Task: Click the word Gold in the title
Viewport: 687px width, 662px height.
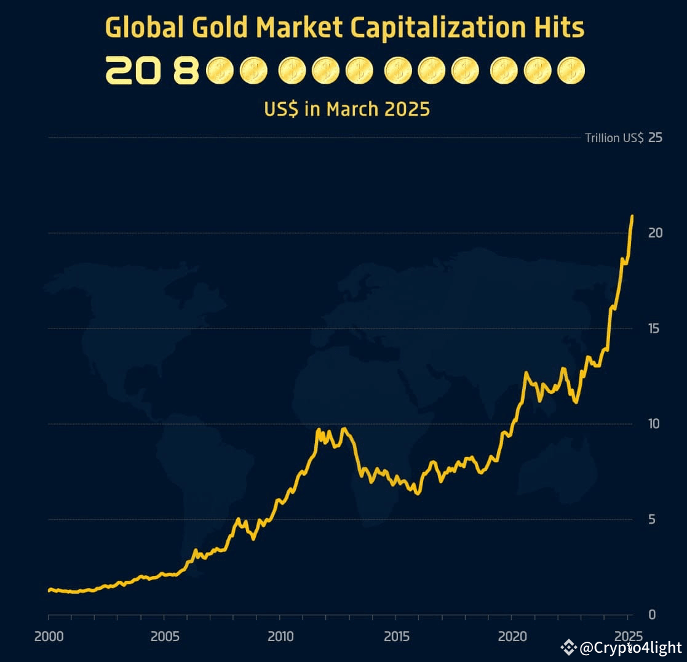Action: pyautogui.click(x=221, y=28)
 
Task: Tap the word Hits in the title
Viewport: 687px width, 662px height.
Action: pyautogui.click(x=557, y=28)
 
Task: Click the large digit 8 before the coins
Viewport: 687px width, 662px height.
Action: pyautogui.click(x=186, y=71)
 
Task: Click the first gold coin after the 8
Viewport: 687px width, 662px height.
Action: pyautogui.click(x=220, y=71)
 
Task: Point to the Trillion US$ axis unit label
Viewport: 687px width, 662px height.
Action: pyautogui.click(x=614, y=138)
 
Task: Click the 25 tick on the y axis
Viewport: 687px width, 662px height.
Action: pyautogui.click(x=655, y=137)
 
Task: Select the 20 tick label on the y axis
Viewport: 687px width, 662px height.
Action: pyautogui.click(x=655, y=233)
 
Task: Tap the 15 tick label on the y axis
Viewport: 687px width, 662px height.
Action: pyautogui.click(x=655, y=328)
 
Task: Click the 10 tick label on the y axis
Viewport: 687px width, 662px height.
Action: pyautogui.click(x=655, y=424)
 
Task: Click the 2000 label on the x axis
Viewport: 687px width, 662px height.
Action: pyautogui.click(x=48, y=636)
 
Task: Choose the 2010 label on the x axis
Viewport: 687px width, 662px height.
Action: pyautogui.click(x=280, y=636)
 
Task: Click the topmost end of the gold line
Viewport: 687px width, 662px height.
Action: pyautogui.click(x=632, y=217)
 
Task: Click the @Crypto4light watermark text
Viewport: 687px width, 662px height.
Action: pyautogui.click(x=630, y=648)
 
